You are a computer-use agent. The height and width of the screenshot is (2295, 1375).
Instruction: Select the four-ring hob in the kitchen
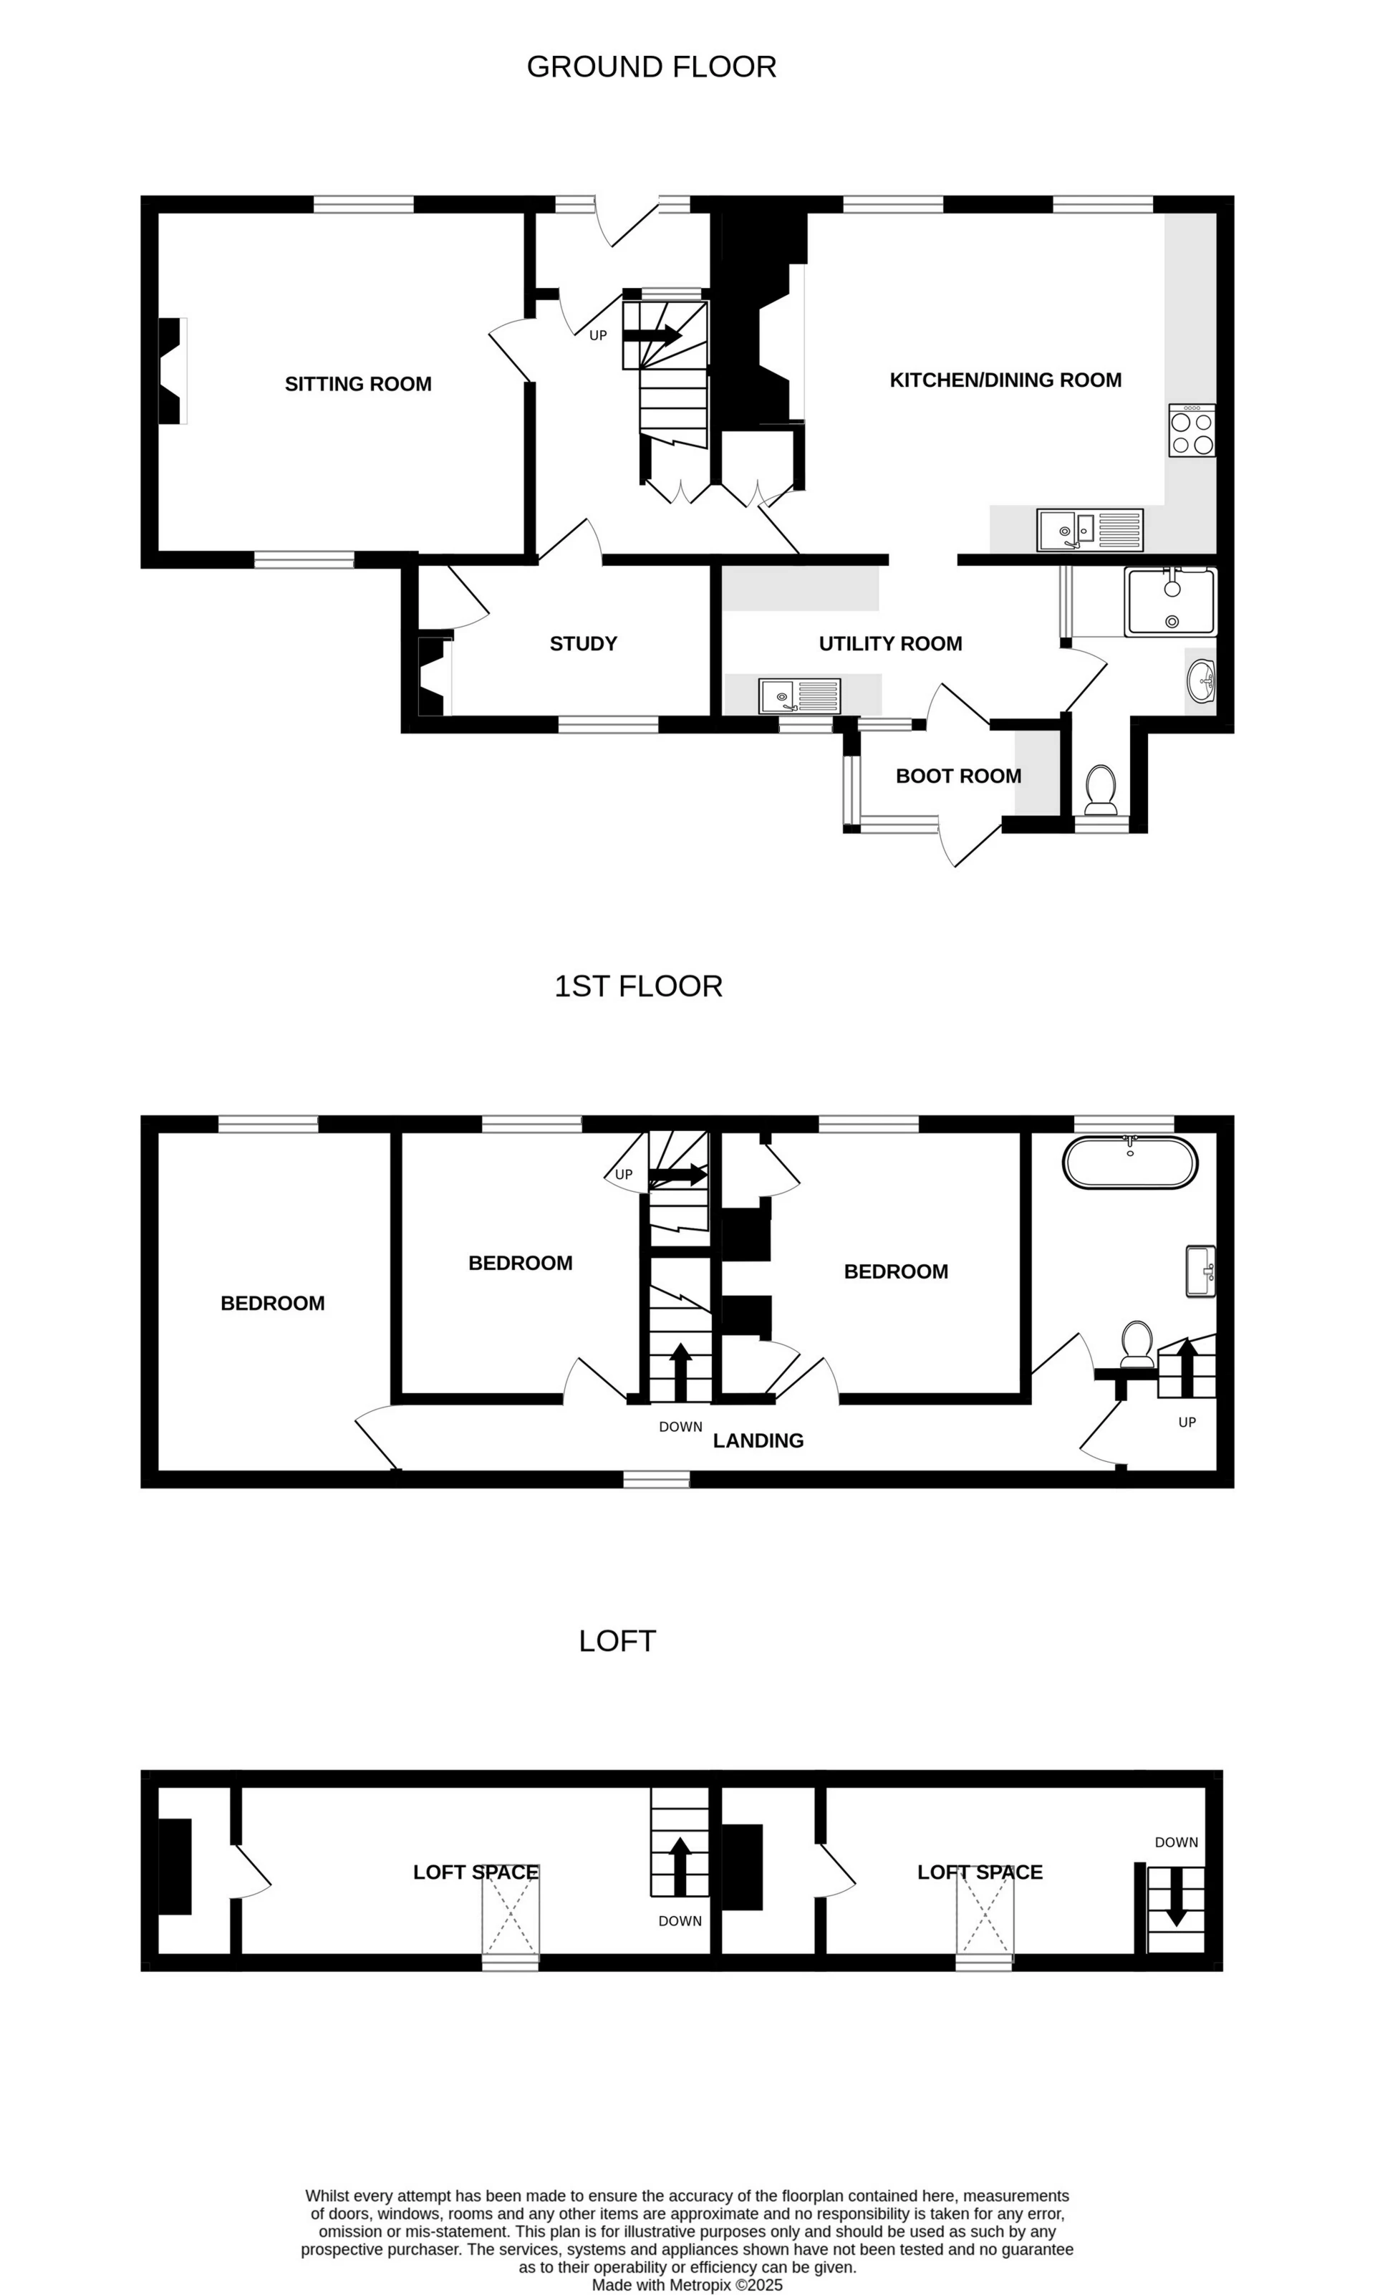pos(1192,430)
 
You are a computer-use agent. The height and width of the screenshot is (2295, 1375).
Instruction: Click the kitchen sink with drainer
pos(1090,530)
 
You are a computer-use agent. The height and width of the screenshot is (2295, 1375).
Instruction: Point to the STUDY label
pos(583,643)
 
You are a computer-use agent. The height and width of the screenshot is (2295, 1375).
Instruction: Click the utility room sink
pos(799,696)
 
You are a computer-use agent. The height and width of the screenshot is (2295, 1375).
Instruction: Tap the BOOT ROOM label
pos(958,776)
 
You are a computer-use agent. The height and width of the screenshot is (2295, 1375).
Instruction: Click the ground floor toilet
pos(1101,789)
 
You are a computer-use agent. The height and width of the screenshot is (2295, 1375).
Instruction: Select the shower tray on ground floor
pos(1169,602)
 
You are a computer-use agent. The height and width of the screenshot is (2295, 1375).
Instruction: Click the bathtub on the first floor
pos(1129,1162)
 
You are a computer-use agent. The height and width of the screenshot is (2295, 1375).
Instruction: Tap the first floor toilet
pos(1137,1344)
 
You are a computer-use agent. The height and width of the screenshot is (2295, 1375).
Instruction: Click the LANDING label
pos(758,1440)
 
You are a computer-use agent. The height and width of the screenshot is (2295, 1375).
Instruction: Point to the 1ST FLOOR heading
pos(637,986)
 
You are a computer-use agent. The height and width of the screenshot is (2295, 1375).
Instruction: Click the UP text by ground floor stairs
pos(598,335)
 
